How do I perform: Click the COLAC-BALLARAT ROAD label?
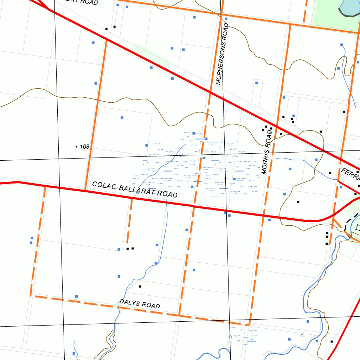[x=135, y=189]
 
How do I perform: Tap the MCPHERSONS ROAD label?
[x=222, y=54]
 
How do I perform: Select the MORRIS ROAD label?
[x=267, y=151]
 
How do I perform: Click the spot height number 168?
[x=85, y=147]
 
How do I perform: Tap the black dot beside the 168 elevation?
[x=77, y=147]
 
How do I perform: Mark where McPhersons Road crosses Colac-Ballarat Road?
[x=194, y=205]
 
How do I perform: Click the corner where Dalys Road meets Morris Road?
[x=249, y=325]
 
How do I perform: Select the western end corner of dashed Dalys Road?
[x=31, y=296]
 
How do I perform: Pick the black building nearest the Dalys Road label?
[x=140, y=287]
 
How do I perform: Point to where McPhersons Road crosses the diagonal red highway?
[x=210, y=92]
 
